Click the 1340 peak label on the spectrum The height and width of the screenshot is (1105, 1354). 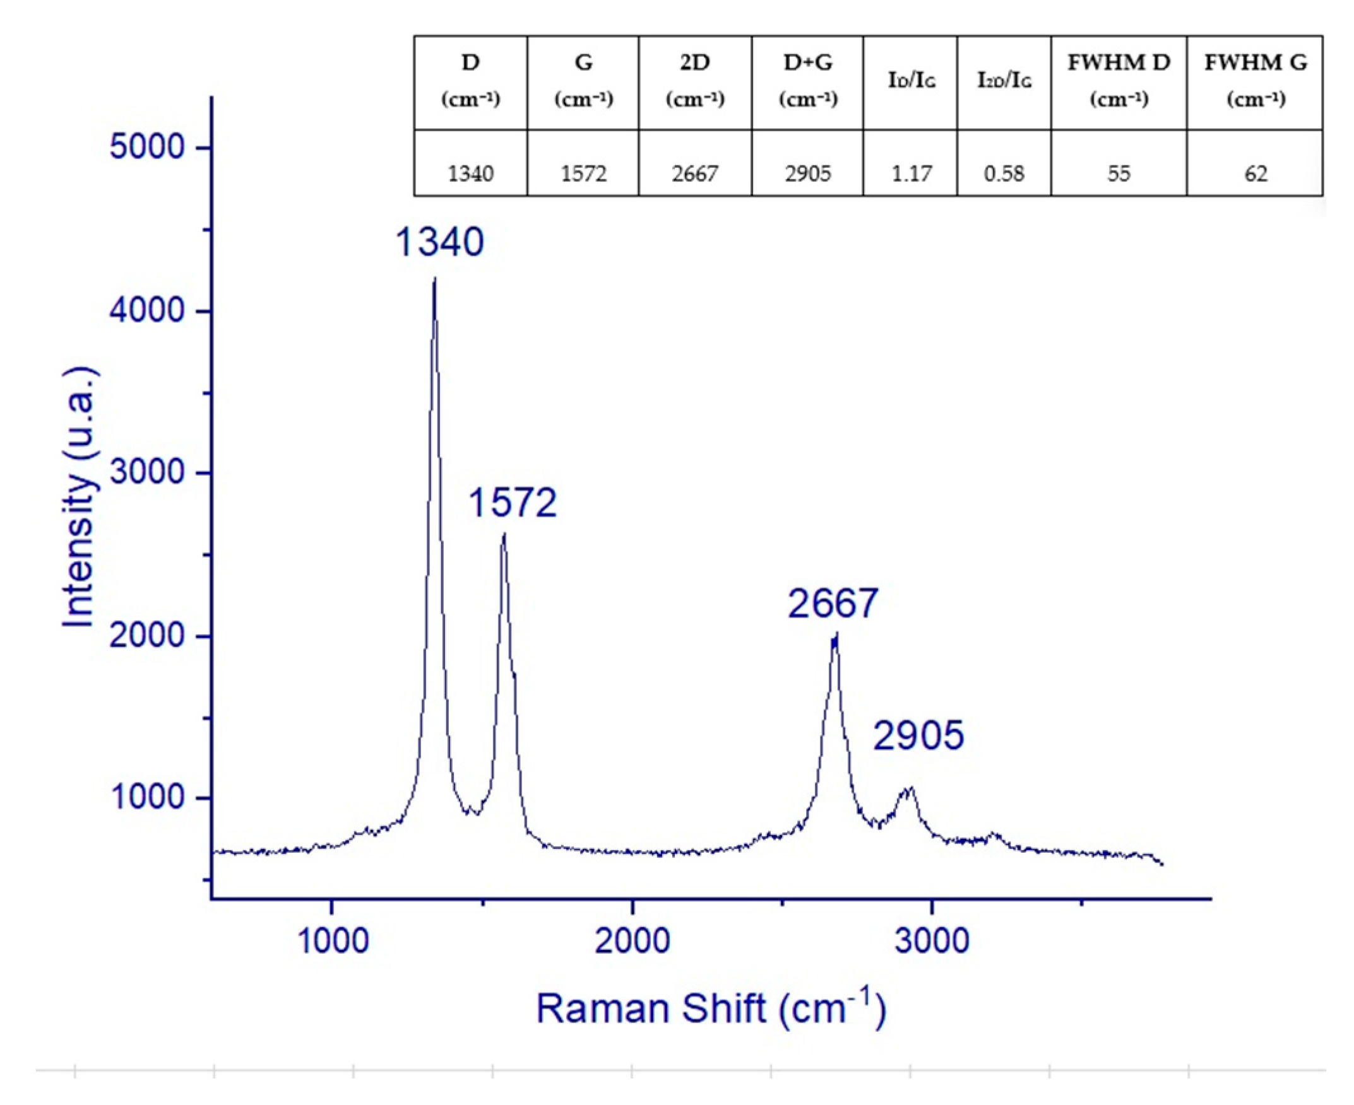point(439,243)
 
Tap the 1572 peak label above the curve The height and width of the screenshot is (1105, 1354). point(513,502)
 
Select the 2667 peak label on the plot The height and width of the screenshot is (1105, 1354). point(833,604)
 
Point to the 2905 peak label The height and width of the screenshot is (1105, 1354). point(918,736)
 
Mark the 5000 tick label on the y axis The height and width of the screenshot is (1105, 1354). point(146,147)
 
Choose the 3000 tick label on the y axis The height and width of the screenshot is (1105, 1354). point(146,472)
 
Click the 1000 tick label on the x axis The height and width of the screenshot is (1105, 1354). point(333,941)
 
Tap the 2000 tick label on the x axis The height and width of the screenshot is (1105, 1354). point(632,941)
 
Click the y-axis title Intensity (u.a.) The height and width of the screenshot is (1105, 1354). point(80,497)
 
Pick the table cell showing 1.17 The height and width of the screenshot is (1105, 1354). point(912,173)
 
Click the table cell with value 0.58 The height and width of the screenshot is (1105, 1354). point(1004,173)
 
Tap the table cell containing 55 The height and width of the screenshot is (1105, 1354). point(1119,173)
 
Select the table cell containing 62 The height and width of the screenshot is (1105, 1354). point(1256,173)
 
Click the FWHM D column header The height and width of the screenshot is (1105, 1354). point(1119,81)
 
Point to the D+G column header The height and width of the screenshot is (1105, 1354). point(807,81)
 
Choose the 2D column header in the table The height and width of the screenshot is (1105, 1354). point(695,81)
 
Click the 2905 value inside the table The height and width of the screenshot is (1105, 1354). point(807,173)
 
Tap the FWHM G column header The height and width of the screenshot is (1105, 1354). point(1256,81)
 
